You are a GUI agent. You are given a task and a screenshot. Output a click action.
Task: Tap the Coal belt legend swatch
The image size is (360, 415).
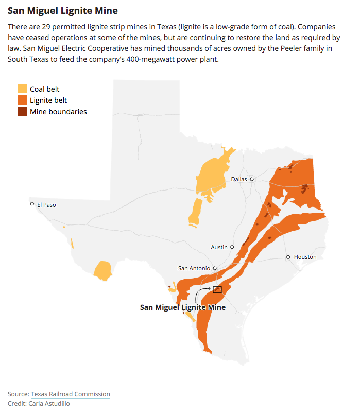coord(22,89)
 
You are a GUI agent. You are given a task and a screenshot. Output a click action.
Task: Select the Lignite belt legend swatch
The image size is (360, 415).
coord(22,100)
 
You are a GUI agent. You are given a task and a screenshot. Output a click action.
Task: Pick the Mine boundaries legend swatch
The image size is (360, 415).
coord(22,112)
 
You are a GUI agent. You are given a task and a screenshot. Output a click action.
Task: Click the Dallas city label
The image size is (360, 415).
coord(239,179)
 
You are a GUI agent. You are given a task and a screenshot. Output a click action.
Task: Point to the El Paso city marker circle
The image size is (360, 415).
coord(32,204)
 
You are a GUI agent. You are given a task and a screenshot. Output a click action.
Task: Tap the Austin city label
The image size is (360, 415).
coord(219,247)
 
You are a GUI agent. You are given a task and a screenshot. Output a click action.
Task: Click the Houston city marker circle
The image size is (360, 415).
coord(288,257)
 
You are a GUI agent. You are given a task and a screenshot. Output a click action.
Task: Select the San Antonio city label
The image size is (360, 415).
coord(194,268)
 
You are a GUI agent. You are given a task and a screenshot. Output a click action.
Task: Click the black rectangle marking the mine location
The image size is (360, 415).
coord(217,290)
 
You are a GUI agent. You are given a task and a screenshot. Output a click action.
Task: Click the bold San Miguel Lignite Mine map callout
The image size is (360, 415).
coord(183,307)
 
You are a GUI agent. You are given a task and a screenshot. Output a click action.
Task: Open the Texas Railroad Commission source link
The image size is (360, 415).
coord(70,394)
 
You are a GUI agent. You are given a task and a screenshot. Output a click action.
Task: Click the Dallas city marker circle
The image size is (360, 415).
coord(252,179)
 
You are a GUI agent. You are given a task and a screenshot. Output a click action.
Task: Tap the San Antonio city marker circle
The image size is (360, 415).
coord(215,268)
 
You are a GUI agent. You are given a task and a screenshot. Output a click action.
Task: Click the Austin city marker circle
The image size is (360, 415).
coord(232,247)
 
